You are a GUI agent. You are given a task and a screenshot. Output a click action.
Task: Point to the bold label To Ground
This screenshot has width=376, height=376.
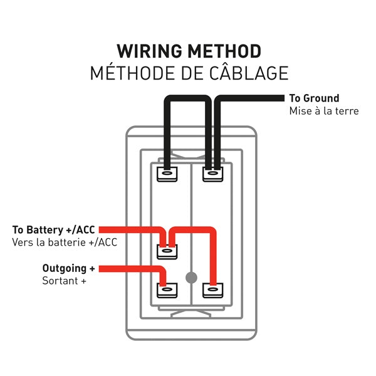pos(314,98)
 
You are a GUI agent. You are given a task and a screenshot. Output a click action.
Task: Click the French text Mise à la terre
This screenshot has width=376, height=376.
pos(323,111)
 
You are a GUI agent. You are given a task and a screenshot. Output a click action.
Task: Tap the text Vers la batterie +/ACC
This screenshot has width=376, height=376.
pos(64,242)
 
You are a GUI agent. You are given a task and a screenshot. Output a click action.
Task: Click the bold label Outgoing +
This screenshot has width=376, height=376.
pos(69,268)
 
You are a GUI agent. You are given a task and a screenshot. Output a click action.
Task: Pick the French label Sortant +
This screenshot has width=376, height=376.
pos(64,281)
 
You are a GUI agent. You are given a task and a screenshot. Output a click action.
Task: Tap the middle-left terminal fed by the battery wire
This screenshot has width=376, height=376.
pos(167,252)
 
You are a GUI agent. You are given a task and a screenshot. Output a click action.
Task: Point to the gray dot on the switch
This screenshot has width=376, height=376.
pos(192,276)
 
